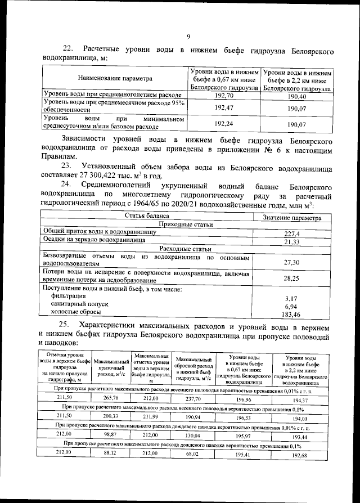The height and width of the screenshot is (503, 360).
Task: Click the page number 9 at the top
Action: tap(188, 37)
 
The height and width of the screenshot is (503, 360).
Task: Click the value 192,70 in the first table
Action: tap(224, 96)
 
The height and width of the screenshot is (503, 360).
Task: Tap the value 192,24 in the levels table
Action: tap(224, 124)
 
